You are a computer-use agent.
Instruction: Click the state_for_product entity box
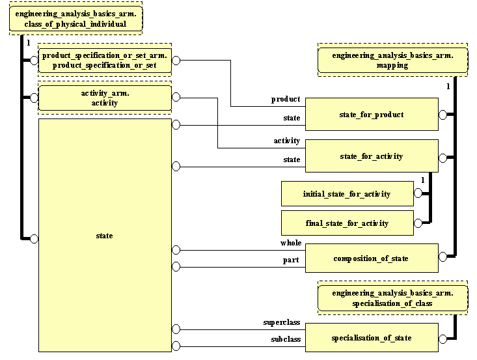[372, 115]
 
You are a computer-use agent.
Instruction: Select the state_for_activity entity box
[372, 156]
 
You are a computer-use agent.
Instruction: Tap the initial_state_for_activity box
[347, 194]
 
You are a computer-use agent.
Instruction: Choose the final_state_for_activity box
[347, 223]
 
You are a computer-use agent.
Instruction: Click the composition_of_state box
[372, 258]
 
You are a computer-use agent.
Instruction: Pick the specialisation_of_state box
[372, 338]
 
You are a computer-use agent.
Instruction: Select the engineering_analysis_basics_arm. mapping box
[392, 61]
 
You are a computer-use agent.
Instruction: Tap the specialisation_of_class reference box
[392, 299]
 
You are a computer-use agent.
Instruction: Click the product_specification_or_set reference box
[105, 61]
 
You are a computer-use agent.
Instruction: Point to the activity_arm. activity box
[105, 98]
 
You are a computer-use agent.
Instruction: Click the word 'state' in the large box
[104, 236]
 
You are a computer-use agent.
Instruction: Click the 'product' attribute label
[286, 100]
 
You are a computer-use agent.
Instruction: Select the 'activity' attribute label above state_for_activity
[286, 141]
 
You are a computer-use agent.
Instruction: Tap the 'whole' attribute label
[291, 243]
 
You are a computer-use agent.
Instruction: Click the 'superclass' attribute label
[281, 322]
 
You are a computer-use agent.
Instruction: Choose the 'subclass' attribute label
[285, 340]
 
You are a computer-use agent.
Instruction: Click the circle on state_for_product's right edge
[443, 115]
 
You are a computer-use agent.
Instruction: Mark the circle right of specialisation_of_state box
[443, 339]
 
